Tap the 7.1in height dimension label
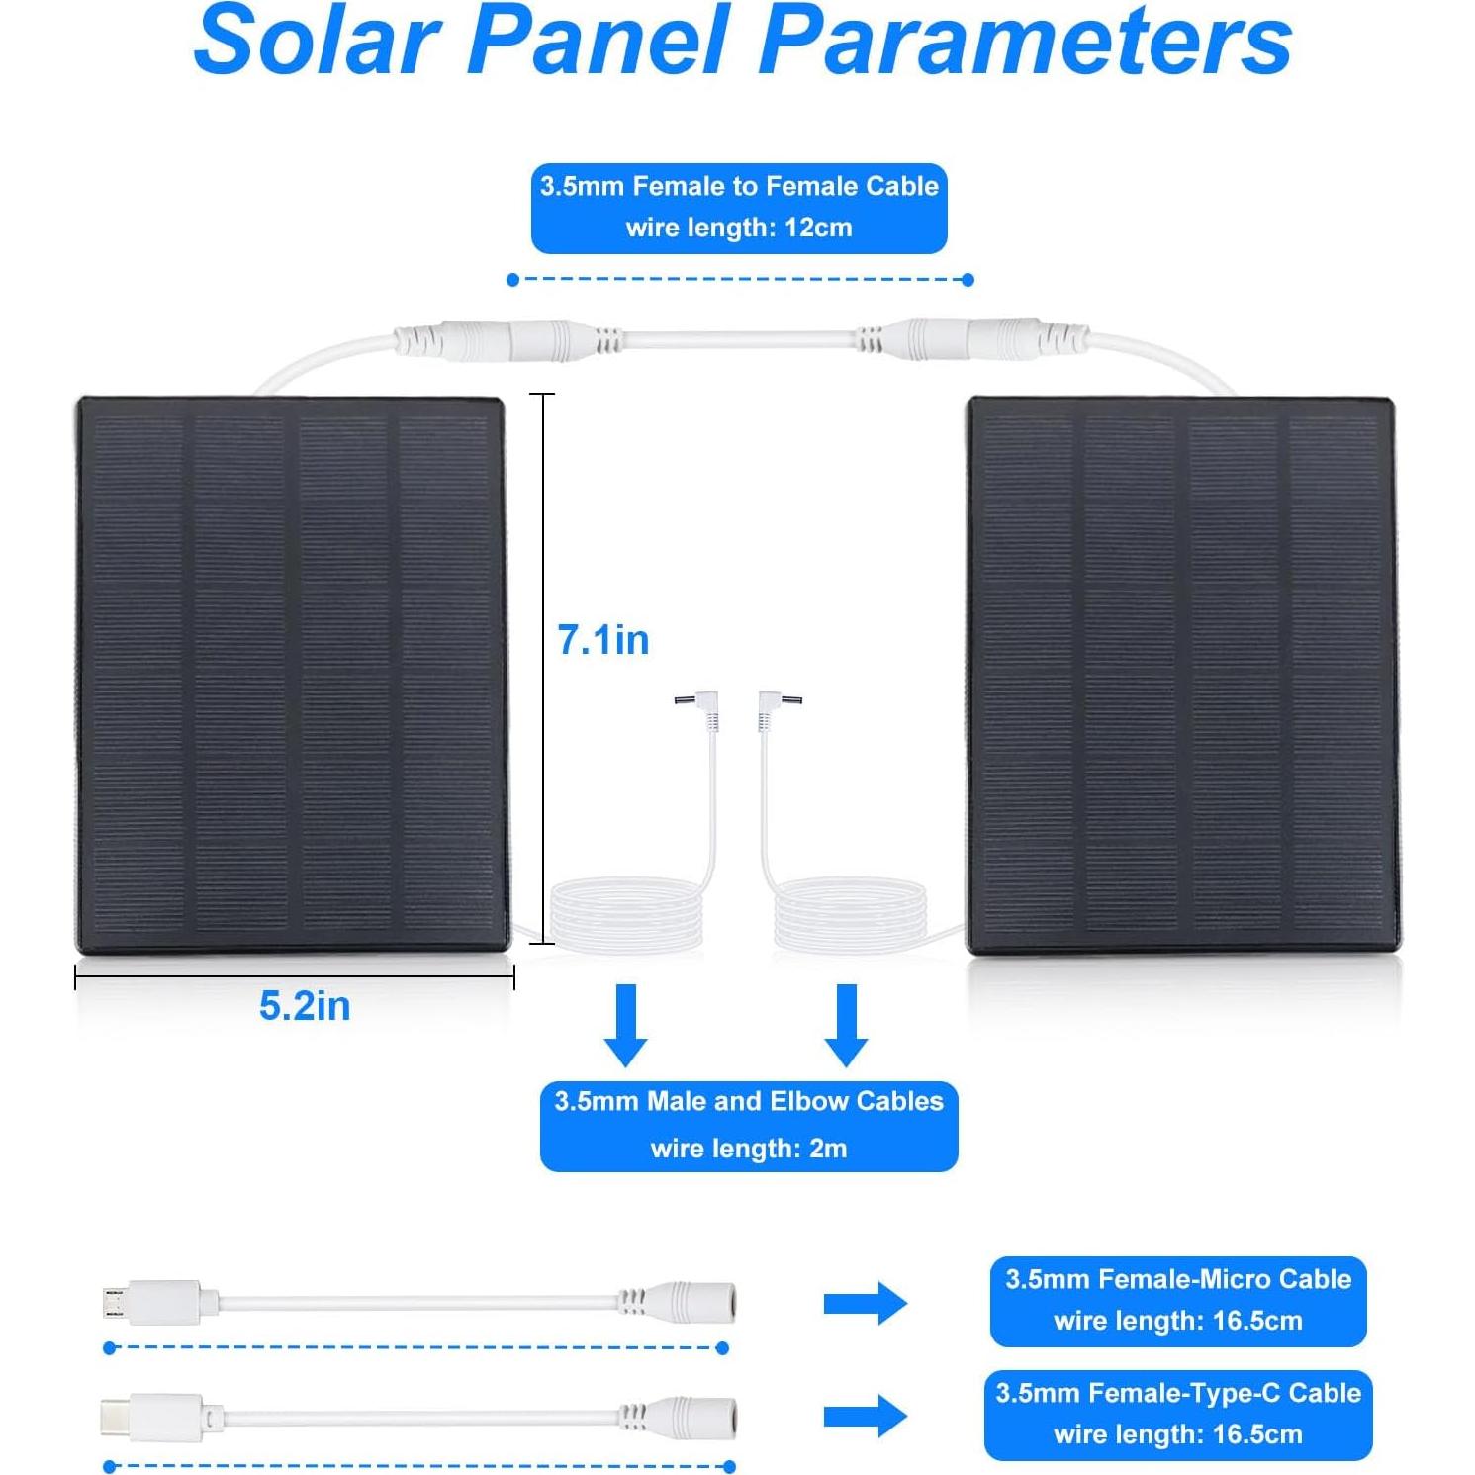pyautogui.click(x=603, y=640)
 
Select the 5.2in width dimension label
pyautogui.click(x=305, y=1006)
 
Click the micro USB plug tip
pyautogui.click(x=113, y=1303)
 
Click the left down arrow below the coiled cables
pyautogui.click(x=626, y=1025)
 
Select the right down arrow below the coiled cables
pyautogui.click(x=847, y=1025)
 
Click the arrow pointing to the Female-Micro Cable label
pyautogui.click(x=865, y=1303)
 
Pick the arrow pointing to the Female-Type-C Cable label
pyautogui.click(x=865, y=1417)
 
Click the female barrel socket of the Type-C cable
pyautogui.click(x=704, y=1417)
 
